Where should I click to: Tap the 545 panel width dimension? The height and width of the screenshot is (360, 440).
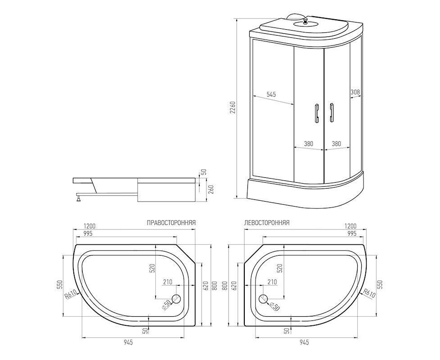271,94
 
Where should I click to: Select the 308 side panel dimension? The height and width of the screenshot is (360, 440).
355,92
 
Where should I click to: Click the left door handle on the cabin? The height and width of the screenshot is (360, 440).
317,113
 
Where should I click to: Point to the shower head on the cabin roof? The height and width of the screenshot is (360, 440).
305,22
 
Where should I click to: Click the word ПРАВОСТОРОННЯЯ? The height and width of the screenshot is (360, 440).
171,223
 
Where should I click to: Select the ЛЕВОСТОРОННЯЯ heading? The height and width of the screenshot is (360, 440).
267,223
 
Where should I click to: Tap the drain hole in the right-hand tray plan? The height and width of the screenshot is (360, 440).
176,299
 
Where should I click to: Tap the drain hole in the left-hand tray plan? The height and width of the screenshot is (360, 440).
264,299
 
